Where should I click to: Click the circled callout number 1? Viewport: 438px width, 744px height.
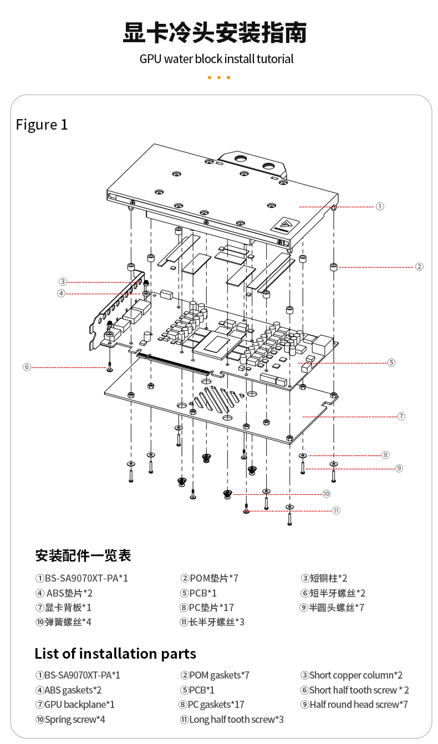[x=380, y=206]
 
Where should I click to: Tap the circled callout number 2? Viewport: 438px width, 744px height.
[x=419, y=266]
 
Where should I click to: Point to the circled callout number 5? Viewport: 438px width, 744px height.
[x=391, y=362]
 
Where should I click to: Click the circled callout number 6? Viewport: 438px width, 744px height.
[x=27, y=367]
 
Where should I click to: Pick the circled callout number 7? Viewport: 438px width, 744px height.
[x=401, y=415]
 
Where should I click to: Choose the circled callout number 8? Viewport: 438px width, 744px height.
[x=386, y=455]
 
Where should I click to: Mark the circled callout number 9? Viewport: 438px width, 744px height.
[x=399, y=468]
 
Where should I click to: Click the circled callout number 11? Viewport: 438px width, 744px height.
[x=336, y=510]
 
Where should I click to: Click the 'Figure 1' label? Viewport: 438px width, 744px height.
[x=42, y=125]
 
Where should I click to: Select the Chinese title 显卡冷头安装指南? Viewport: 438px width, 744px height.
[x=215, y=33]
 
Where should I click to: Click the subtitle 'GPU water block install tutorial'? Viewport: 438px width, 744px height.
[x=216, y=59]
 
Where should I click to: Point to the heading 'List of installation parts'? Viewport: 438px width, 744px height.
[x=115, y=654]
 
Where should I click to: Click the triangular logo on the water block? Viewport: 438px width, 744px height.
[x=285, y=224]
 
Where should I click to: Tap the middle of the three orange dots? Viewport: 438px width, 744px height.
[x=219, y=78]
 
